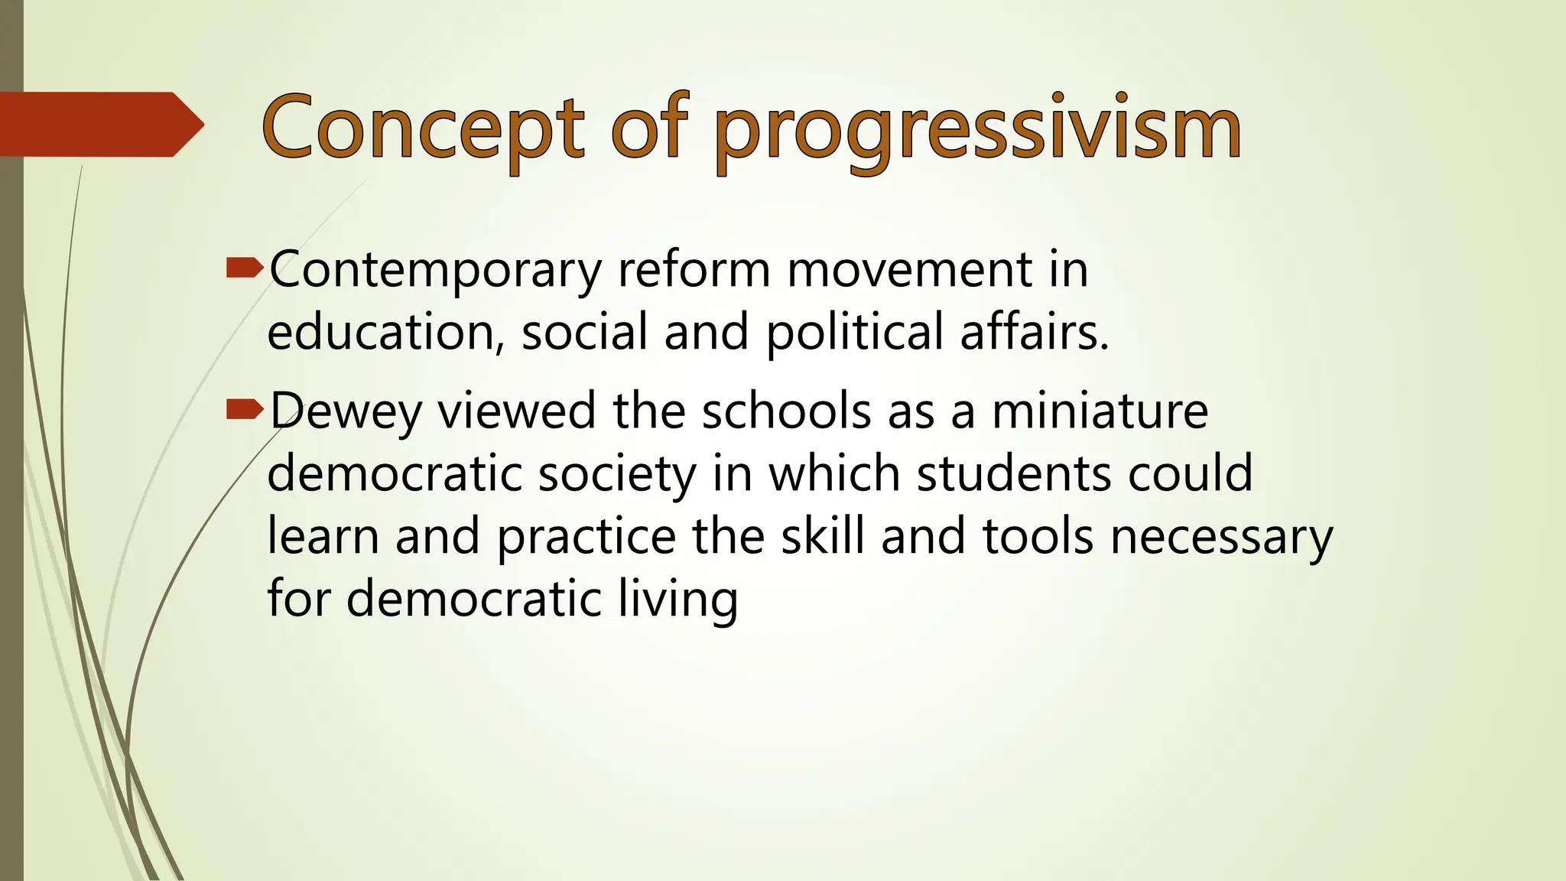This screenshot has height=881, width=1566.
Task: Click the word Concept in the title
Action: [422, 127]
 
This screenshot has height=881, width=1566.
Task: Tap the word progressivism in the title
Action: [977, 130]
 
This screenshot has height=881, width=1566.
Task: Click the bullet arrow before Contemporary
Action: [245, 268]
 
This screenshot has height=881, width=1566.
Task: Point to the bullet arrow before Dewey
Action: [245, 411]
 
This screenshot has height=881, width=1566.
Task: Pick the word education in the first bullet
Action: [382, 333]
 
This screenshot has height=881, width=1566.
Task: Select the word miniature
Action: [1100, 411]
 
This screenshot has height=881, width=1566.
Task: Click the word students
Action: [1014, 473]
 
